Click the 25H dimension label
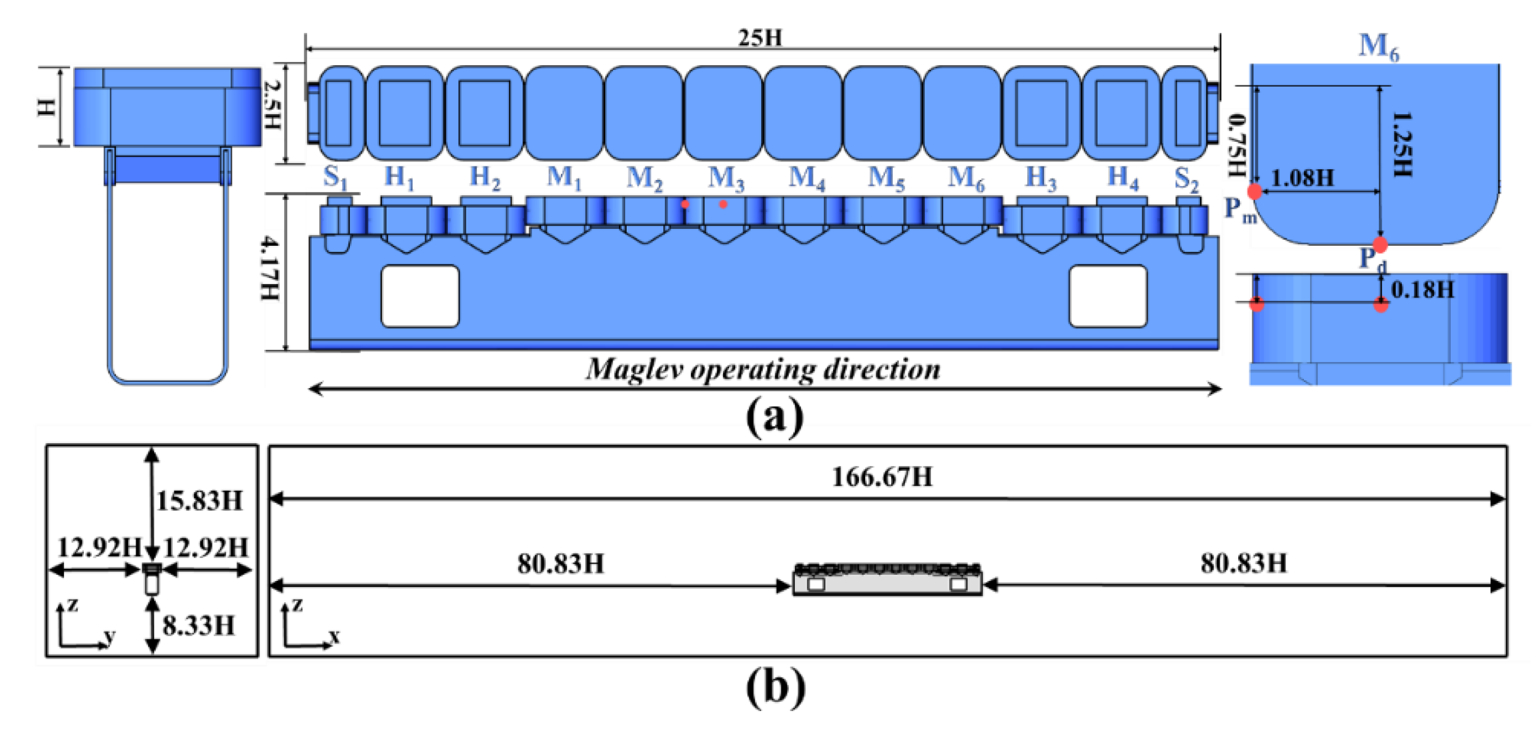(x=759, y=38)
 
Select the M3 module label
(x=726, y=178)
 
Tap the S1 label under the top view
(x=335, y=178)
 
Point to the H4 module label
(x=1122, y=178)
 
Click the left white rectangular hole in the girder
(x=420, y=296)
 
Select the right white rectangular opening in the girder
(x=1108, y=296)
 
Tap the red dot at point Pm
(x=1254, y=192)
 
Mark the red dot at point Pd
(x=1380, y=244)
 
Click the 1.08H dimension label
(x=1302, y=178)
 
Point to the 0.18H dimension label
(x=1422, y=290)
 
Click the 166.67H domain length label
(x=882, y=477)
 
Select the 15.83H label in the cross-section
(x=200, y=500)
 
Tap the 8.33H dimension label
(x=199, y=625)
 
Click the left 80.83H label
(x=560, y=564)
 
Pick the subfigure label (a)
(x=775, y=418)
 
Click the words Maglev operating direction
(x=762, y=369)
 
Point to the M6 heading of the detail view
(x=1379, y=46)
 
